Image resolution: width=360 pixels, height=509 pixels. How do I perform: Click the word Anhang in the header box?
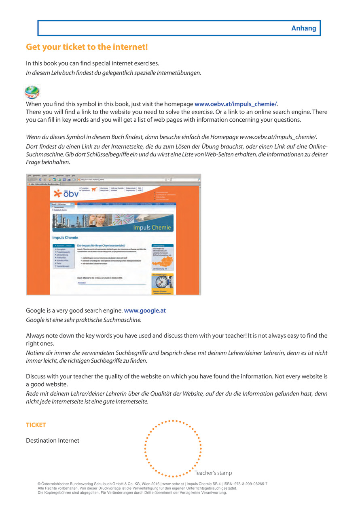(303, 28)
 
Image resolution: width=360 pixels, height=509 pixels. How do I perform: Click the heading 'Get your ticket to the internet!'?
(87, 47)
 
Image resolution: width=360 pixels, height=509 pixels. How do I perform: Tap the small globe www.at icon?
(32, 93)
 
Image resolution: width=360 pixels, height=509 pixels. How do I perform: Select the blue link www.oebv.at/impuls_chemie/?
(236, 104)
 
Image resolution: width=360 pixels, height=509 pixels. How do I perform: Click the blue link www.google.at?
(145, 310)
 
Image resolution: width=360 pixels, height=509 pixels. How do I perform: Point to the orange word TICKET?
(36, 425)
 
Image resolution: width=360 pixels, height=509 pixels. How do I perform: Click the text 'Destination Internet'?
(53, 440)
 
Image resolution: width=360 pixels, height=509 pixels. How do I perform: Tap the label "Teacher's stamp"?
(213, 473)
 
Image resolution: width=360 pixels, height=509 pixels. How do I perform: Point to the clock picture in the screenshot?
(163, 280)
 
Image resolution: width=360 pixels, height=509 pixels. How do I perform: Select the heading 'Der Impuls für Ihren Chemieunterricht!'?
(101, 245)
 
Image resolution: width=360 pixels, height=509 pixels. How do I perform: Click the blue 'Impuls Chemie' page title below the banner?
(65, 237)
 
